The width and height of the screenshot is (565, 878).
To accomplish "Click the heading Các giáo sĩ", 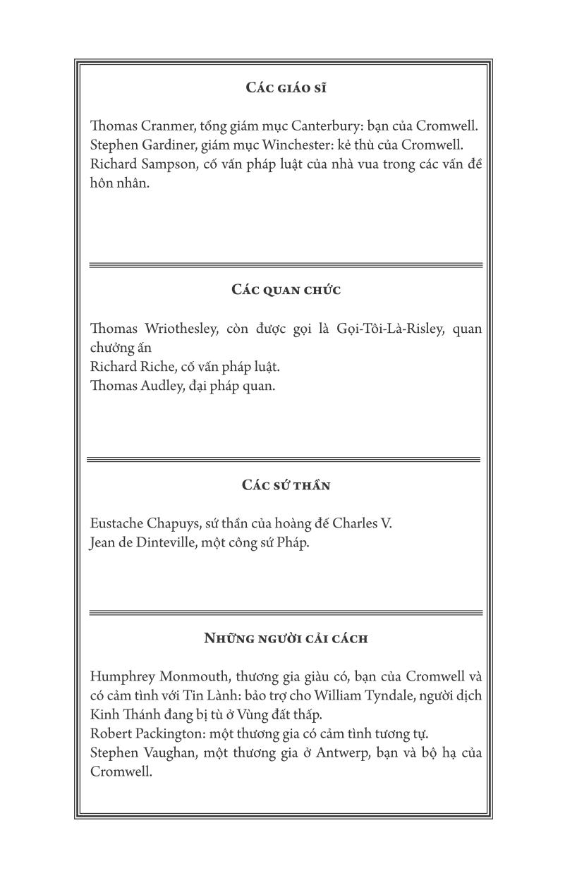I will (x=286, y=88).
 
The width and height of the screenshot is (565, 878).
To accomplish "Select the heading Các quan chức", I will (x=286, y=291).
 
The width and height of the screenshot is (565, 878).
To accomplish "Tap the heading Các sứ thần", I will (x=286, y=485).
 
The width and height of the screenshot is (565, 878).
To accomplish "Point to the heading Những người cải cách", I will (x=286, y=638).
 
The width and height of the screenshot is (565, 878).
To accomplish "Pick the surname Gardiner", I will (x=162, y=145).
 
